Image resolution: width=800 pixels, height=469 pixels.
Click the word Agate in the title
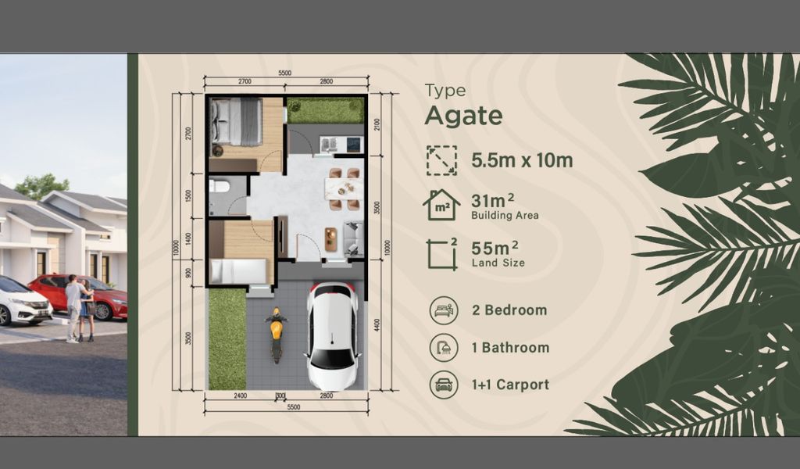[x=463, y=116]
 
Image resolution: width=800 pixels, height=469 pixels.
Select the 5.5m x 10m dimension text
[x=522, y=160]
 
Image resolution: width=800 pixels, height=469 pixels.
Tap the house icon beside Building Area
[x=441, y=205]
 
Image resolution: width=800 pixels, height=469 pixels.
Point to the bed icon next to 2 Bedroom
[x=444, y=310]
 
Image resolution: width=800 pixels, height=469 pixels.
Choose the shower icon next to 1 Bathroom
[x=444, y=347]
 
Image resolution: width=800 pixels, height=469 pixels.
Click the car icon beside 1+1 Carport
[x=444, y=385]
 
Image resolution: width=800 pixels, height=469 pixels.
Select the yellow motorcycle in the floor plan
[x=276, y=335]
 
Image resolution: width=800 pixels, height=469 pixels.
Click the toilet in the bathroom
[x=220, y=187]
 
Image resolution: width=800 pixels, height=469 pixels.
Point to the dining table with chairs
[x=344, y=189]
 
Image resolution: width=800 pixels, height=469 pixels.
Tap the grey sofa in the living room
[x=354, y=238]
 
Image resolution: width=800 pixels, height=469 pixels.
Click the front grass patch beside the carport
[x=227, y=338]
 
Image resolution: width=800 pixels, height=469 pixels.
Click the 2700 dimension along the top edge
[x=244, y=81]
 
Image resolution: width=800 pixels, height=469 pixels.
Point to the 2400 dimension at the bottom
[x=240, y=396]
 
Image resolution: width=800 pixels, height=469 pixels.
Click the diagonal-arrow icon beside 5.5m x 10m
[x=441, y=160]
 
